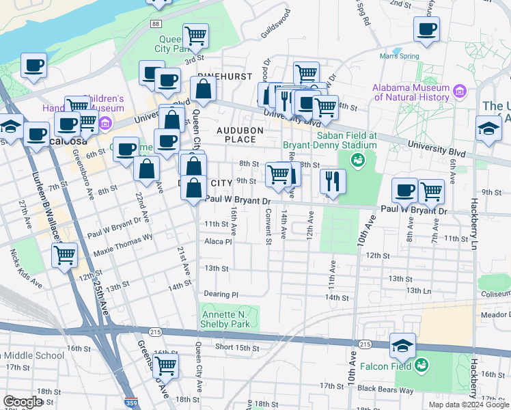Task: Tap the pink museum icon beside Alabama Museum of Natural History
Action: tap(459, 91)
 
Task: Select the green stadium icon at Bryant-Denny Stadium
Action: tap(356, 161)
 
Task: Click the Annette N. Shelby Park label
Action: tap(225, 319)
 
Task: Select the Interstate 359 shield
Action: tap(130, 403)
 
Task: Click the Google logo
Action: tap(23, 401)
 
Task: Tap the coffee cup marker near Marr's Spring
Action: tap(426, 29)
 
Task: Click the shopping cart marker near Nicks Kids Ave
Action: tap(64, 256)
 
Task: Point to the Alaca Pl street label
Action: tap(219, 241)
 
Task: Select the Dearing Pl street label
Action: tap(221, 294)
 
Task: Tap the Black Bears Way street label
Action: tap(386, 389)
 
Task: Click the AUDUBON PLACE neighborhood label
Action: tap(236, 135)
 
